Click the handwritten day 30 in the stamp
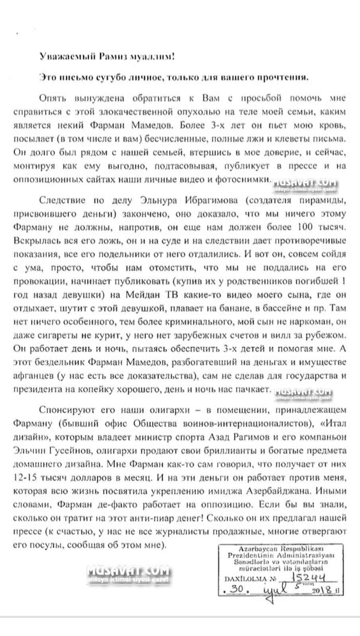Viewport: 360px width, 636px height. click(238, 590)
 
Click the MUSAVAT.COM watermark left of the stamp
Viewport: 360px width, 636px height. click(128, 572)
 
